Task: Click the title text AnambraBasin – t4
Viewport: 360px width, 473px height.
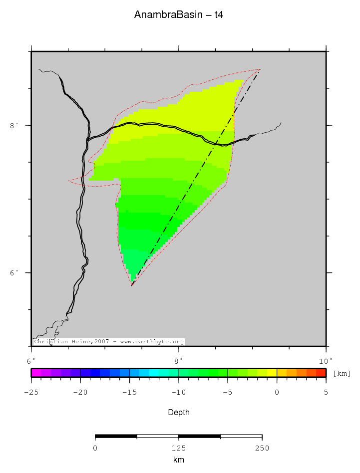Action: coord(178,15)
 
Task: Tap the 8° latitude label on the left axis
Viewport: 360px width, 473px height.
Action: coord(13,125)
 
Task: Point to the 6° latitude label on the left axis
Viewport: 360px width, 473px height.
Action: coord(13,273)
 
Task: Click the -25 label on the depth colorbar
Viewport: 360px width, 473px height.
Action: coord(31,392)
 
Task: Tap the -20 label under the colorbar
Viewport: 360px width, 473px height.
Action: coord(80,392)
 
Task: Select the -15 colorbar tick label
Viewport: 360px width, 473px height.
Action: coord(129,392)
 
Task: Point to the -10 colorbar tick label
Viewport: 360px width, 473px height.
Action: coord(178,392)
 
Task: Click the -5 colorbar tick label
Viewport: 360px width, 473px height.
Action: coord(227,392)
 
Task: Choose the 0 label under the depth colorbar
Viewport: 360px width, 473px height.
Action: coord(277,392)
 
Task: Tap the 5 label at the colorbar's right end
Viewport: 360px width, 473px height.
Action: coord(326,392)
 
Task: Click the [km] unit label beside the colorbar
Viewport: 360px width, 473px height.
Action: coord(342,373)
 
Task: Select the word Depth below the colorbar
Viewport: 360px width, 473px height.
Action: coord(178,413)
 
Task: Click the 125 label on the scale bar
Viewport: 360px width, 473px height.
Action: coord(178,448)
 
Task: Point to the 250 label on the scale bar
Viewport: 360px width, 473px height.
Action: coord(262,448)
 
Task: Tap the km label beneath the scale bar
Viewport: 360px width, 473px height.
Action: coord(178,460)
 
